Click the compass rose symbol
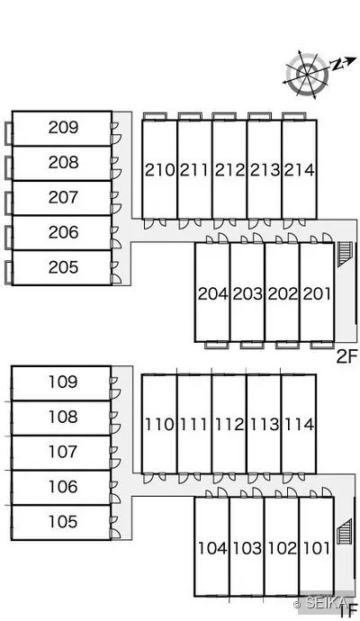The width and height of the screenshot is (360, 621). click(307, 74)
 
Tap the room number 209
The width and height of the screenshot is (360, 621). click(63, 128)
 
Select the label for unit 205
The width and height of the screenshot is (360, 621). click(63, 267)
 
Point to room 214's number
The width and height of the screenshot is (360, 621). click(299, 170)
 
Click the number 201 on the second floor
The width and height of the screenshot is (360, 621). click(317, 294)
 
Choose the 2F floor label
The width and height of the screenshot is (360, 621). click(347, 356)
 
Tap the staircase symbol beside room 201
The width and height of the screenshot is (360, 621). click(345, 255)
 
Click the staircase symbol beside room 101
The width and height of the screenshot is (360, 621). click(345, 531)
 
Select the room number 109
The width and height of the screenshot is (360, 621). click(63, 382)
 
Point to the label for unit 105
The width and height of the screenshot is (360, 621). click(63, 522)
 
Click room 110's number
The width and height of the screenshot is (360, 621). click(159, 425)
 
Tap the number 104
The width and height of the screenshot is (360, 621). click(212, 548)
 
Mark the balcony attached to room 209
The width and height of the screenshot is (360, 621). click(9, 133)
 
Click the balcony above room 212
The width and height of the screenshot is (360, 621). click(224, 116)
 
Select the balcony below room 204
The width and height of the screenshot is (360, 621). click(217, 345)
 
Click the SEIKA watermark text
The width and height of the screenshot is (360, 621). click(322, 603)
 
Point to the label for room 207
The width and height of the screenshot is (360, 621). click(63, 197)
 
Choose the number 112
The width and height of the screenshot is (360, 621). click(229, 425)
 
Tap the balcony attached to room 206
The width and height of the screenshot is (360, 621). click(9, 238)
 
